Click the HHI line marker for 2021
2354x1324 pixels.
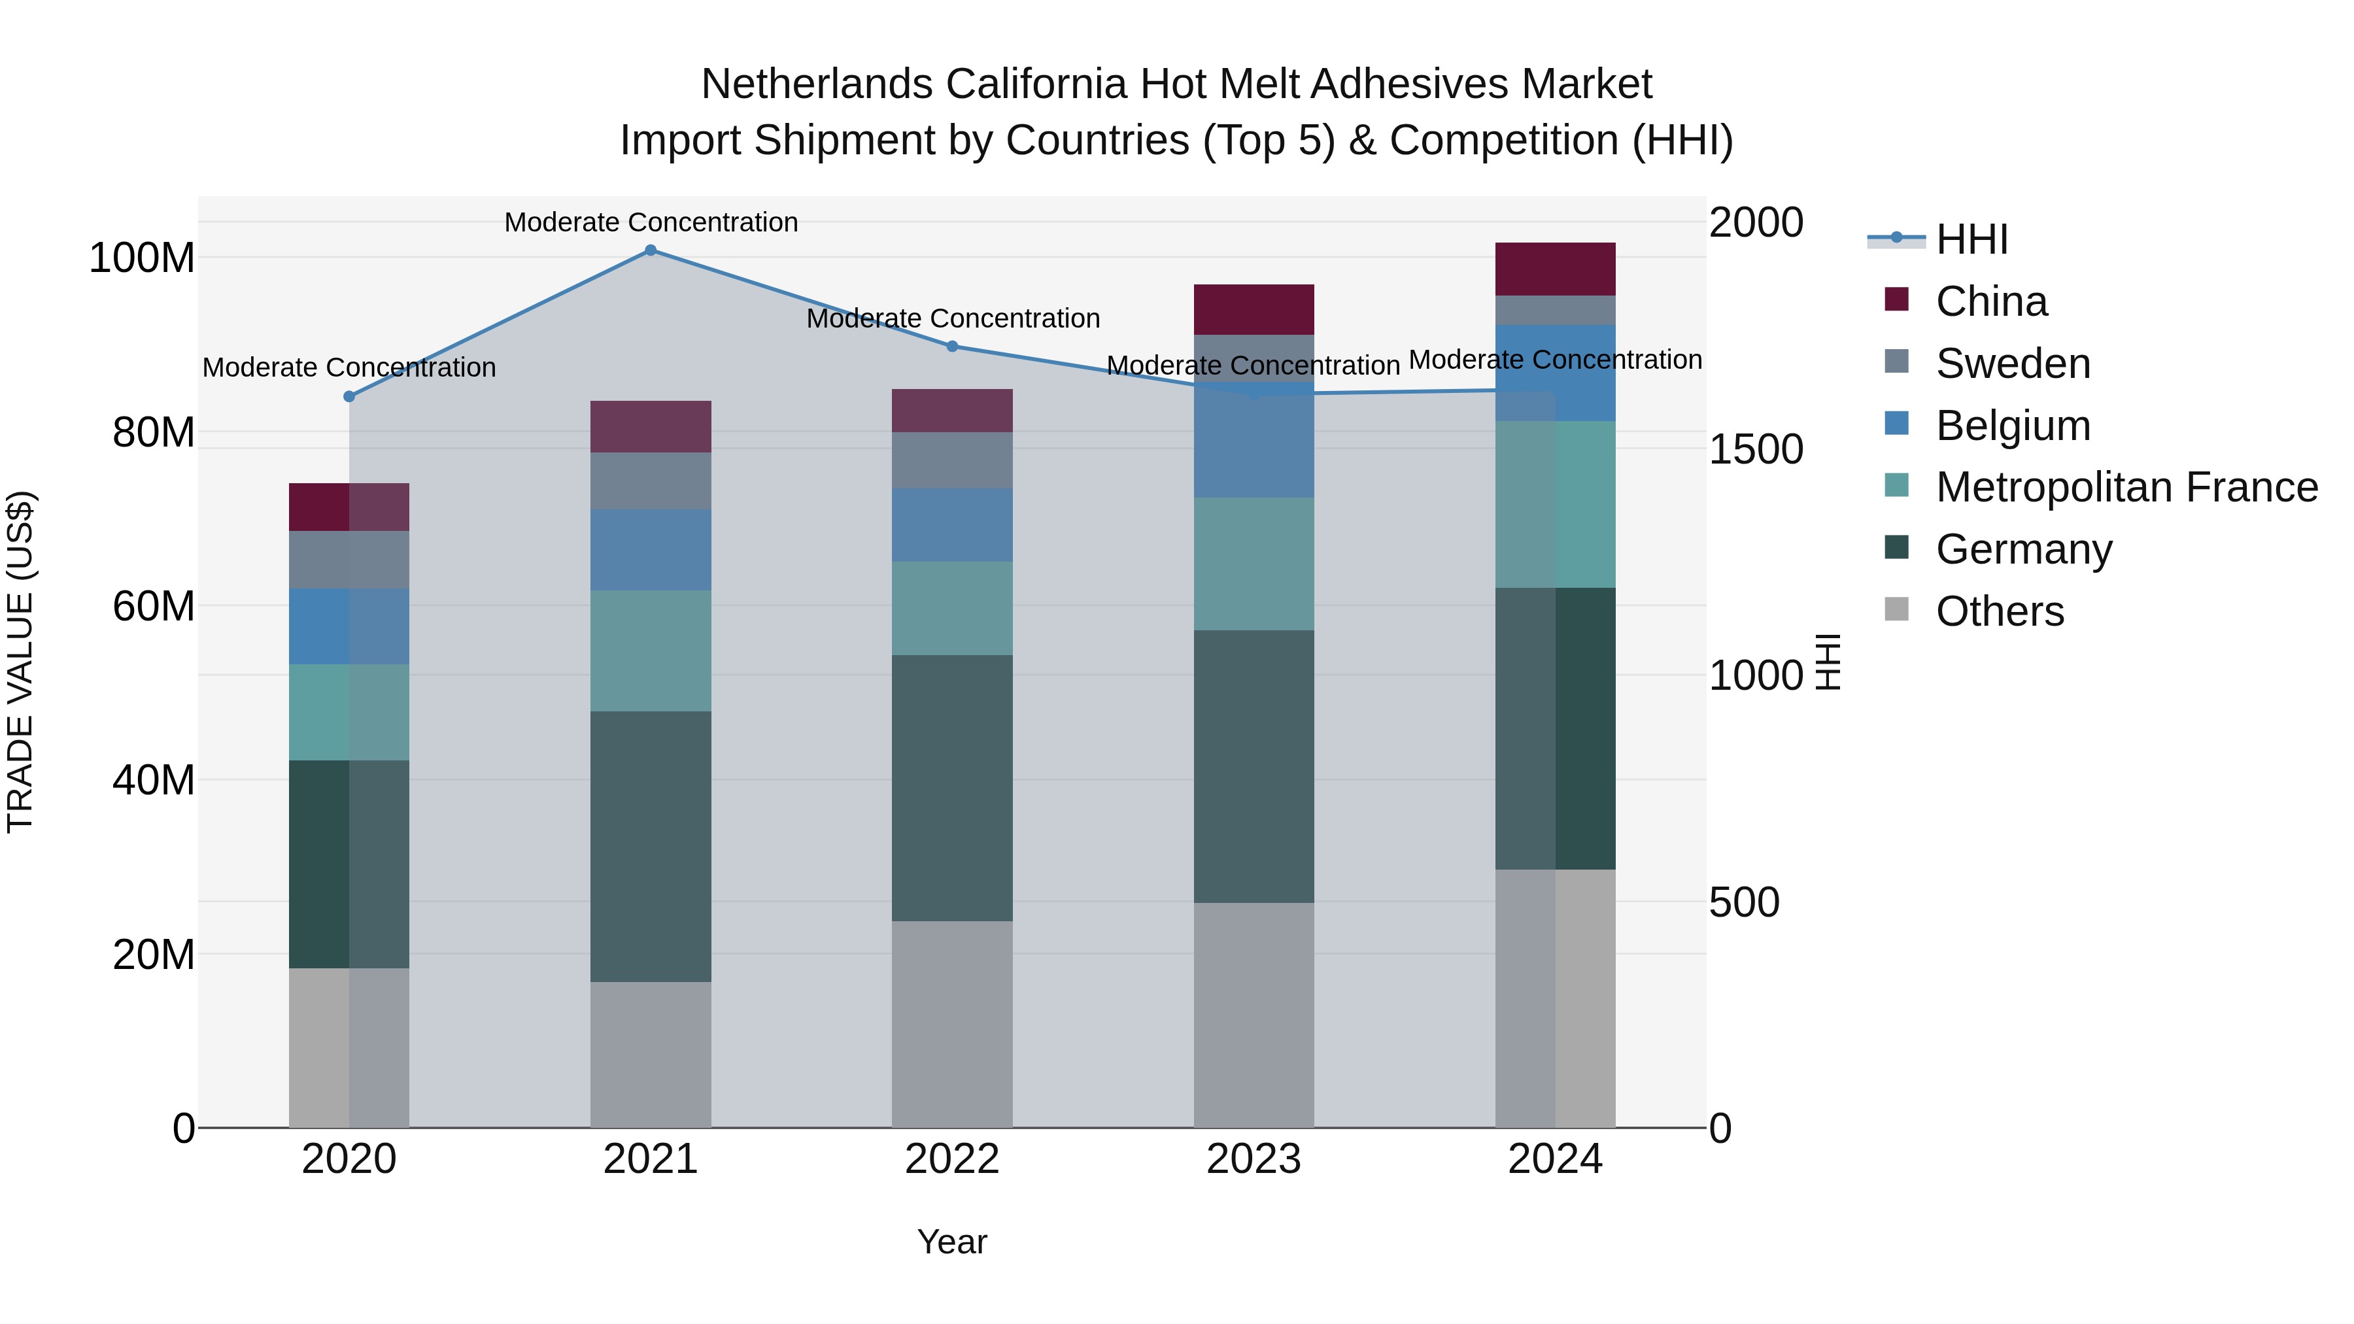click(x=651, y=250)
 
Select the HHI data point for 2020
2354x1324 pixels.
click(x=349, y=397)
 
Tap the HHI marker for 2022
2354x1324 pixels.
click(x=952, y=347)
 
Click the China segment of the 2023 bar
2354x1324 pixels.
click(x=1254, y=310)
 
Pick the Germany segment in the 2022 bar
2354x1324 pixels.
click(x=952, y=788)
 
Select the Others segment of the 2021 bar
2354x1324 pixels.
click(x=651, y=1055)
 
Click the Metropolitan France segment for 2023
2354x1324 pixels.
click(x=1254, y=564)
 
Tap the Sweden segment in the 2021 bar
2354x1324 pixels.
click(x=651, y=481)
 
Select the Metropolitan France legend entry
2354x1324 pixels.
click(x=2126, y=487)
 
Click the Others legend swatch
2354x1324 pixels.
click(x=1897, y=609)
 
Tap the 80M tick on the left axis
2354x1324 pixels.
click(x=154, y=432)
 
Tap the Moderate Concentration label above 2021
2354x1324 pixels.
click(x=651, y=222)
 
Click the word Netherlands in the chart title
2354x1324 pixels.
click(x=817, y=84)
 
